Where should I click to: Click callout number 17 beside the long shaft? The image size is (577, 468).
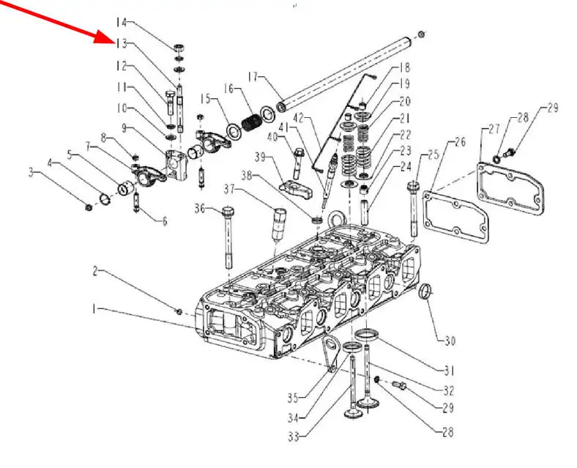point(254,76)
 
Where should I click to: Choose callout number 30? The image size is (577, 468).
point(450,340)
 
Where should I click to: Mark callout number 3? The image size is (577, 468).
point(52,172)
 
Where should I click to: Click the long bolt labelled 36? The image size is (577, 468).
point(228,238)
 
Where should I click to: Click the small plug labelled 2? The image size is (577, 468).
point(178,311)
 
